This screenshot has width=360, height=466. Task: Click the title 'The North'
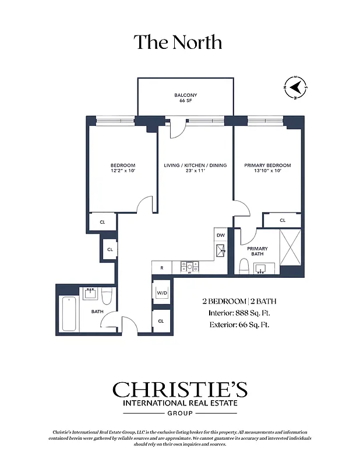(x=178, y=43)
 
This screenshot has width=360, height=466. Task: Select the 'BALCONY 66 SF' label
(x=186, y=98)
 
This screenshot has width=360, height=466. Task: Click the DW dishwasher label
(x=220, y=235)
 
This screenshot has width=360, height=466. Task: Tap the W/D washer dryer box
(x=161, y=292)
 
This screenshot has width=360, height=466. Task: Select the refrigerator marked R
(x=161, y=267)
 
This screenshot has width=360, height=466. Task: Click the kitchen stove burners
(x=189, y=267)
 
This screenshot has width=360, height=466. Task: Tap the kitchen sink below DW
(x=221, y=250)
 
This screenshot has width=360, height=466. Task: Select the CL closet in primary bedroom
(x=283, y=221)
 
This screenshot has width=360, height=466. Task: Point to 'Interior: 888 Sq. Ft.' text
(x=239, y=313)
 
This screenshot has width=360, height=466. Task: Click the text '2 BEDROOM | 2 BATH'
(x=239, y=301)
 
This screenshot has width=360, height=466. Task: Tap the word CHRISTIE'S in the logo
(x=179, y=390)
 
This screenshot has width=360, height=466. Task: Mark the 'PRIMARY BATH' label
(x=257, y=250)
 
